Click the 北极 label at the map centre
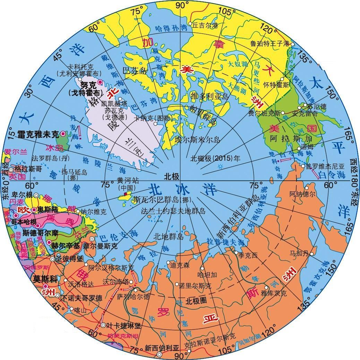(171, 176)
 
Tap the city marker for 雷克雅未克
(63, 134)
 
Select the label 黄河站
(125, 181)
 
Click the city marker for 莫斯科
(55, 278)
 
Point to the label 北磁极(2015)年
(215, 158)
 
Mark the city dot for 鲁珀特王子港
(292, 44)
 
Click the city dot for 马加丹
(311, 254)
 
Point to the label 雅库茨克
(274, 293)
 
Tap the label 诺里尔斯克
(195, 286)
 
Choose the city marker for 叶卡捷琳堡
(103, 325)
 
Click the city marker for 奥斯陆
(34, 210)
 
